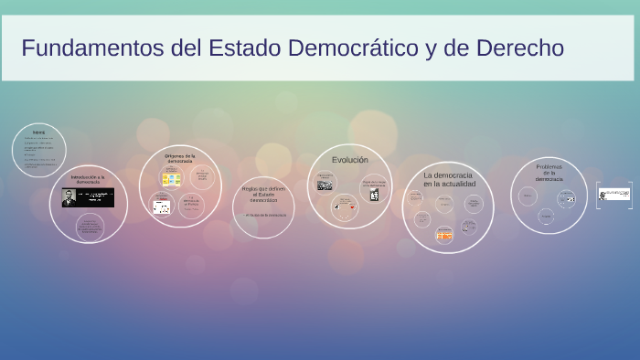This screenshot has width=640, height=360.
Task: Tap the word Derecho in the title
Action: [x=519, y=48]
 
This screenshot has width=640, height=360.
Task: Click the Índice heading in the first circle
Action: [x=38, y=132]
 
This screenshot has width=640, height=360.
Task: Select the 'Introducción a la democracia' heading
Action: [x=88, y=178]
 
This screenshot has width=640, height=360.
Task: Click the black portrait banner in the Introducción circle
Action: [x=88, y=197]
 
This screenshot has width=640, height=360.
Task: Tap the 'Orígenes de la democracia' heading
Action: [x=179, y=158]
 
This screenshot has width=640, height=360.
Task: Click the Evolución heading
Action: [x=349, y=160]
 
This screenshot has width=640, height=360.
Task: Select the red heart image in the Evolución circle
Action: [x=352, y=206]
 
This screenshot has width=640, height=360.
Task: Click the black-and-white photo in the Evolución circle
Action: [x=325, y=185]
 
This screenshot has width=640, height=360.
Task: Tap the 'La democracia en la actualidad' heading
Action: [x=448, y=178]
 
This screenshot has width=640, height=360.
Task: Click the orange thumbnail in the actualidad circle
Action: [x=444, y=235]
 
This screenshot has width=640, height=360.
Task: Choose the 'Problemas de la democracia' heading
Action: [x=549, y=173]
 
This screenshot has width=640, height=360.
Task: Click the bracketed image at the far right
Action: [x=614, y=194]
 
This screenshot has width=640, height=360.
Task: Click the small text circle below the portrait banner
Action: [x=90, y=226]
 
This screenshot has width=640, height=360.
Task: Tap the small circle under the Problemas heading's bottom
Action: [x=546, y=217]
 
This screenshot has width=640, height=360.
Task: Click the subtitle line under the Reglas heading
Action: [x=263, y=215]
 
